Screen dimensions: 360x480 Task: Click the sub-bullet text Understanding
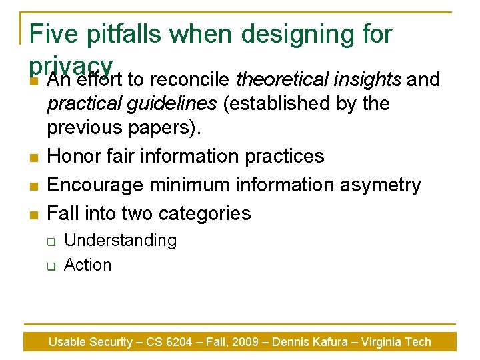pyautogui.click(x=120, y=241)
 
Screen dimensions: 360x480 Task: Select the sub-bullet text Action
pyautogui.click(x=87, y=265)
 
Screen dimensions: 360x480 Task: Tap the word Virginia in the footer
pyautogui.click(x=382, y=342)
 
